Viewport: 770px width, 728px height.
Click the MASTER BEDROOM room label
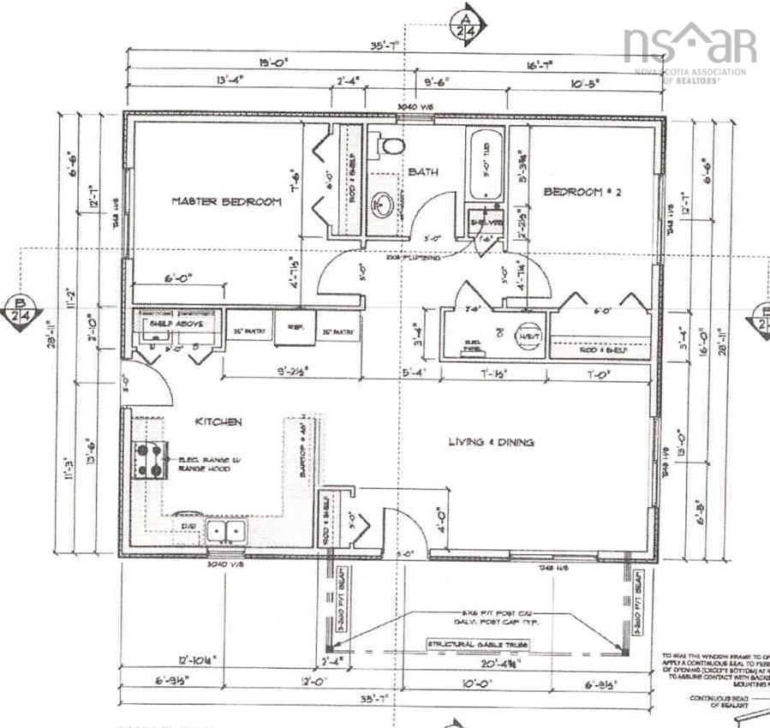(x=226, y=201)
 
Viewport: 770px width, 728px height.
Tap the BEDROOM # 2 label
(x=582, y=193)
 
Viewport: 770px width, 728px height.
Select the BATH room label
(x=422, y=172)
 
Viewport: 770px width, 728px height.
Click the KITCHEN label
(x=218, y=421)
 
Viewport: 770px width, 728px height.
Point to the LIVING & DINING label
(x=492, y=442)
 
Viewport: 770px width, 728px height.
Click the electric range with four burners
(x=148, y=460)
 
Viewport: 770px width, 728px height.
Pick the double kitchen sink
(x=225, y=532)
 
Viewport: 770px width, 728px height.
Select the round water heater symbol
(x=527, y=335)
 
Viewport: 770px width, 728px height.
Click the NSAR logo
(x=690, y=47)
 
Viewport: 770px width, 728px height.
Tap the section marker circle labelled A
(x=468, y=24)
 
